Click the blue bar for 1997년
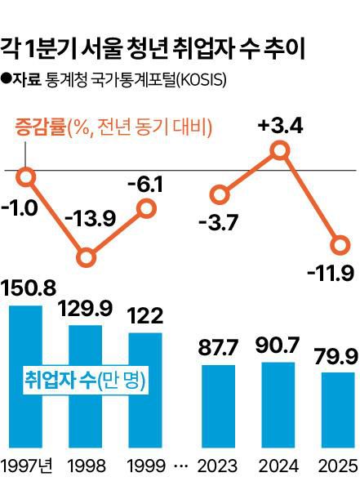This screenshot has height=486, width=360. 25,377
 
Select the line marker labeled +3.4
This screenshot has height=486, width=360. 280,150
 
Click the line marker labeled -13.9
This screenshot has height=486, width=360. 87,258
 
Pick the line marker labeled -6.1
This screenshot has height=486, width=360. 146,209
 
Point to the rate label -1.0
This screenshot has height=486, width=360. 20,207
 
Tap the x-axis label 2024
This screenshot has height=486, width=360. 278,466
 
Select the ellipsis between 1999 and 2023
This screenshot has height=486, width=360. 181,466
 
